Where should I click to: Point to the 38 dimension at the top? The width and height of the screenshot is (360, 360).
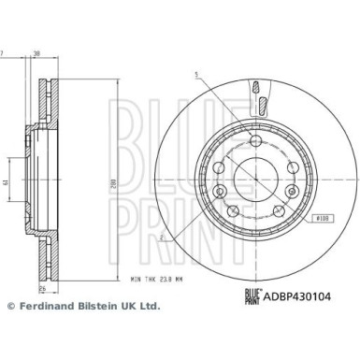[36, 52]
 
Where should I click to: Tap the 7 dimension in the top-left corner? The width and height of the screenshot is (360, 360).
[2, 52]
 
